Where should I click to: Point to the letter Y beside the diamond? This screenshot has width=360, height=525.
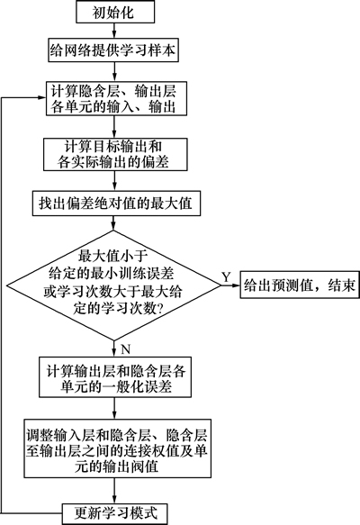pyautogui.click(x=227, y=276)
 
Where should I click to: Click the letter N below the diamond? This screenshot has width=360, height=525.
pyautogui.click(x=125, y=349)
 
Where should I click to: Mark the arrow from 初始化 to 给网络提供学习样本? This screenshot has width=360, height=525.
pyautogui.click(x=114, y=31)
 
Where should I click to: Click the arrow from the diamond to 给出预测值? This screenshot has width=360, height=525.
pyautogui.click(x=231, y=285)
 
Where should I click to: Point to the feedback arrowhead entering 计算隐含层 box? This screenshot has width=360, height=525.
pyautogui.click(x=42, y=97)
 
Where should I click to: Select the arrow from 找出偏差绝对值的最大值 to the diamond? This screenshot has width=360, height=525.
pyautogui.click(x=114, y=223)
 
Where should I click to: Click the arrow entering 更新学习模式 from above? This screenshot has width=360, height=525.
pyautogui.click(x=115, y=490)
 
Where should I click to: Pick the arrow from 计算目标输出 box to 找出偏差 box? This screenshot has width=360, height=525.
pyautogui.click(x=115, y=181)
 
